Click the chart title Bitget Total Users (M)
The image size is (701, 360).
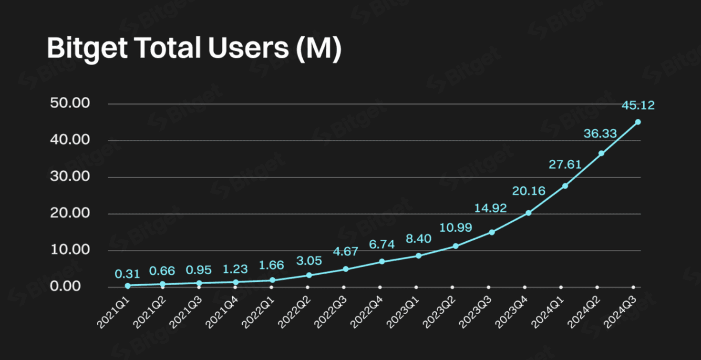point(194,49)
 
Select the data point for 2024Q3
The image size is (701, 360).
point(638,122)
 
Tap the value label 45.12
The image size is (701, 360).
point(638,105)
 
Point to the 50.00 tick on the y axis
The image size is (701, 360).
point(70,103)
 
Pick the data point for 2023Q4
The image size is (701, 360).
point(528,213)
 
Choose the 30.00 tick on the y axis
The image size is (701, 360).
point(70,177)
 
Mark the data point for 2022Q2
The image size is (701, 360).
point(309,275)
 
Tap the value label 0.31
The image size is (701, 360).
point(127,274)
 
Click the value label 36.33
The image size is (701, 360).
point(600,134)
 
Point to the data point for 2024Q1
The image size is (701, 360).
point(565,185)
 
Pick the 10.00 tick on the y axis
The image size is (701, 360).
point(70,250)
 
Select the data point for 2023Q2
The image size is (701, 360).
point(455,246)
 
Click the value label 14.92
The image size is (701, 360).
point(491,208)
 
